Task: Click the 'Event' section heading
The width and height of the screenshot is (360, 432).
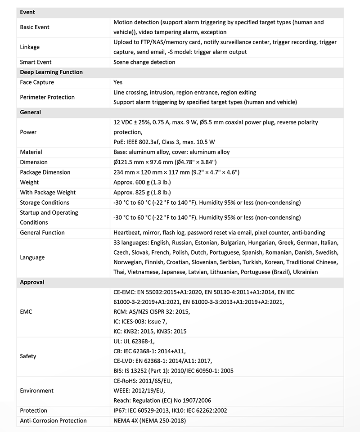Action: tap(27, 12)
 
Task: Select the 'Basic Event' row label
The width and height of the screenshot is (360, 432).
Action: tap(35, 27)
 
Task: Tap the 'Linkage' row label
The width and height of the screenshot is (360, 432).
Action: tap(30, 47)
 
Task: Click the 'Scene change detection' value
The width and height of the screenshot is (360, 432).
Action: tap(144, 62)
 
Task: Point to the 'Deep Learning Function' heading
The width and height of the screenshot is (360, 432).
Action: tap(51, 72)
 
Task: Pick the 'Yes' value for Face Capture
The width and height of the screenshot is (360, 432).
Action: tap(118, 82)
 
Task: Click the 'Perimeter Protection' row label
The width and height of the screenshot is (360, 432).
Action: tap(47, 97)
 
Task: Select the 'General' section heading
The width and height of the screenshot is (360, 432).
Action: tap(31, 112)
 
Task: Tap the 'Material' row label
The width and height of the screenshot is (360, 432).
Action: tap(31, 152)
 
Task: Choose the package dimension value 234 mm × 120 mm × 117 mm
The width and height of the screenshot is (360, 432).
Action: tap(176, 172)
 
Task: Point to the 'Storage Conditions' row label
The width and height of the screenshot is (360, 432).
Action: tap(45, 202)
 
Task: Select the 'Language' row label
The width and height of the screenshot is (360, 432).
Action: tap(32, 257)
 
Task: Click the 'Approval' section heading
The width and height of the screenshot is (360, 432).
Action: tap(32, 282)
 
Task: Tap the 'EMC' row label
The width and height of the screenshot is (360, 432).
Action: tap(26, 311)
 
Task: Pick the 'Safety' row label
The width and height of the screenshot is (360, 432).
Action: tap(28, 356)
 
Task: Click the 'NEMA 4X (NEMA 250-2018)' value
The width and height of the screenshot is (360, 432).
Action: tap(149, 421)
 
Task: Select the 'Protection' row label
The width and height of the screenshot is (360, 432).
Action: tap(34, 410)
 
